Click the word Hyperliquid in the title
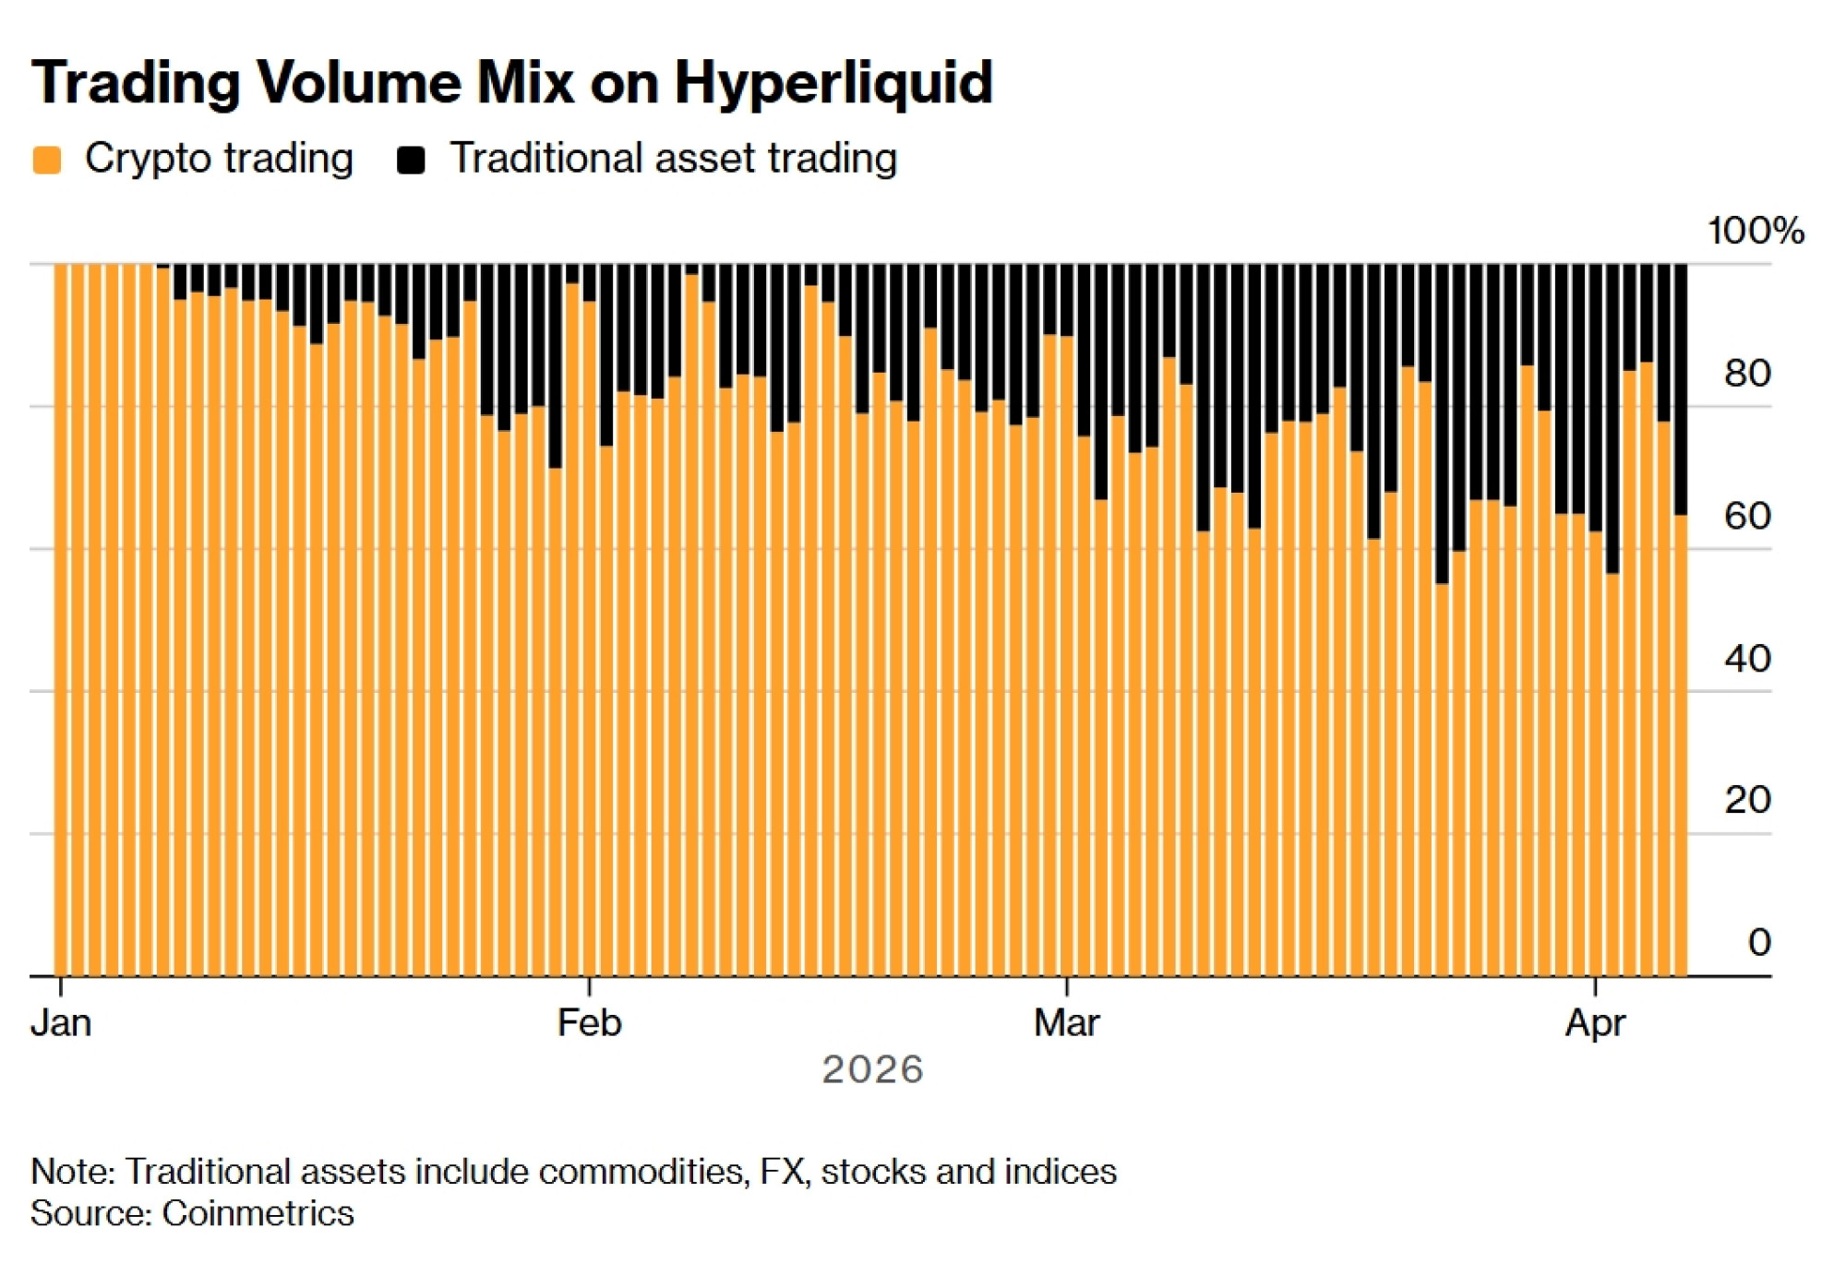[833, 83]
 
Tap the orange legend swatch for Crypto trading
[46, 160]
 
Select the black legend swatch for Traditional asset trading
[411, 160]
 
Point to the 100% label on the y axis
[1755, 231]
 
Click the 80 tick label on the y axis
[1746, 374]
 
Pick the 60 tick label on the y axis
[1746, 516]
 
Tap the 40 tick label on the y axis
[1746, 659]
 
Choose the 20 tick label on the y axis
[1746, 800]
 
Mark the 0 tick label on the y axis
[1758, 942]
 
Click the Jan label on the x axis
[61, 1023]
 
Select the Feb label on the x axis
[589, 1023]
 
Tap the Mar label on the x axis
[1066, 1023]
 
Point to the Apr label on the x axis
[1595, 1023]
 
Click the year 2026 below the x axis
[872, 1070]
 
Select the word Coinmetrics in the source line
[258, 1213]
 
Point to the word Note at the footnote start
[71, 1172]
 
